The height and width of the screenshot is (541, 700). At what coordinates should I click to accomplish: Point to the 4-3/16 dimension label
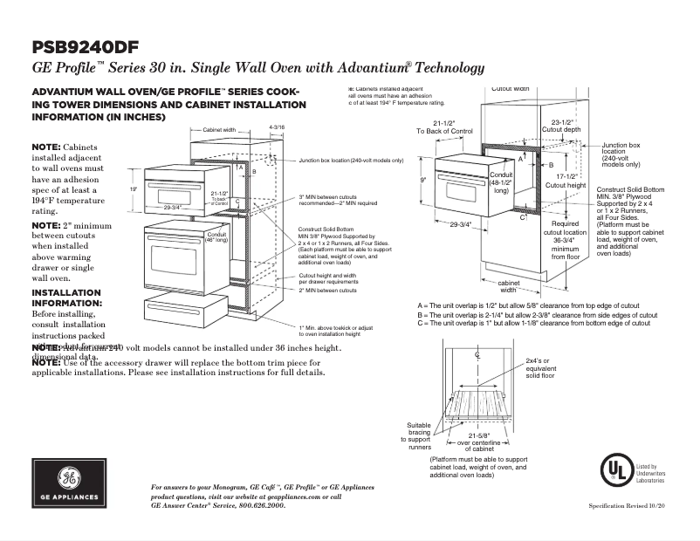[277, 127]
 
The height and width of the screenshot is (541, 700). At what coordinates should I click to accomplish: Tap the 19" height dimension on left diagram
[134, 188]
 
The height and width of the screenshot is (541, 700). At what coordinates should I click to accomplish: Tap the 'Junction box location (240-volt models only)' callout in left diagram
[351, 161]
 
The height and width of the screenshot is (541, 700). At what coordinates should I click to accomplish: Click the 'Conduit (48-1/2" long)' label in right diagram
[501, 183]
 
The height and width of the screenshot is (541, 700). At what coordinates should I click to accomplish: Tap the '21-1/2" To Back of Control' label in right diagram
[443, 127]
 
